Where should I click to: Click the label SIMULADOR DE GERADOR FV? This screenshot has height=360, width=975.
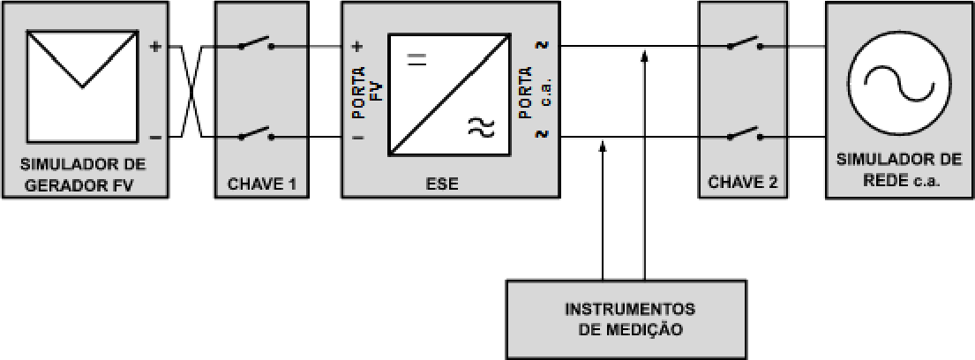coord(83,175)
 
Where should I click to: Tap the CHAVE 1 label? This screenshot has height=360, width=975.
coord(261,184)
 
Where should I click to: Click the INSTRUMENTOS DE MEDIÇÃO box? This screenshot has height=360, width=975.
coord(626,319)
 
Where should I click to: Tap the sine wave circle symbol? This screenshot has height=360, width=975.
coord(899,85)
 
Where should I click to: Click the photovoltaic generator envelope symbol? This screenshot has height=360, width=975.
coord(82,86)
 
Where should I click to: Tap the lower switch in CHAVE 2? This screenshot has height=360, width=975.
coord(744,134)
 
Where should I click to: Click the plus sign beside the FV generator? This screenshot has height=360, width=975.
coord(156,46)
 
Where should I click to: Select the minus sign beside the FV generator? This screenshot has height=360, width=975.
coord(156,137)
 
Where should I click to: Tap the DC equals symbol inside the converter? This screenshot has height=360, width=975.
coord(417,60)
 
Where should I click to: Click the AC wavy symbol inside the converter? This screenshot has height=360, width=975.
coord(481,127)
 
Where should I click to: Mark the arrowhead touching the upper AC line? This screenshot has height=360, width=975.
coord(644,56)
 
